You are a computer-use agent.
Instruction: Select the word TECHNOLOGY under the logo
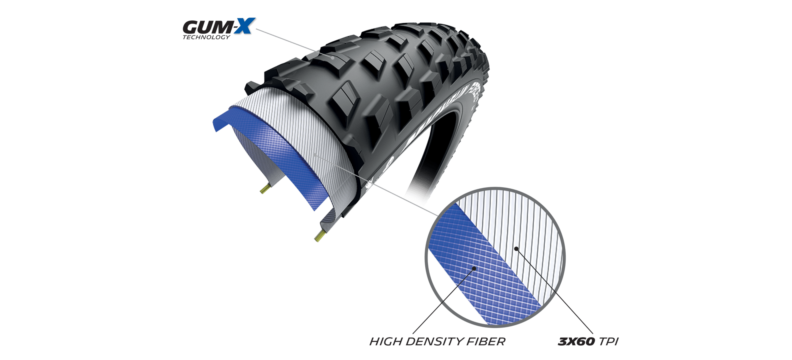(206, 38)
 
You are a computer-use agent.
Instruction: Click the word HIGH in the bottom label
(385, 342)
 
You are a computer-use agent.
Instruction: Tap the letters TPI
(608, 342)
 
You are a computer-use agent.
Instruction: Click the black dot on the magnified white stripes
(516, 248)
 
